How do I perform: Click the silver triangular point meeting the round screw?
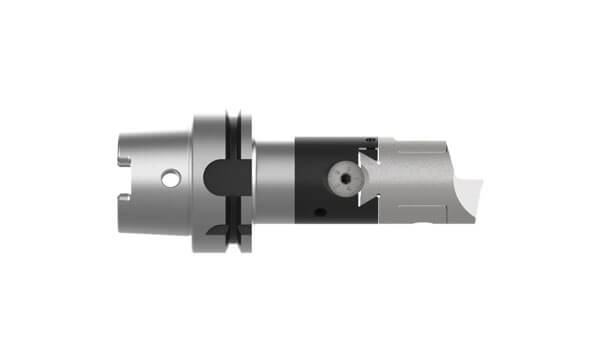tap(362, 180)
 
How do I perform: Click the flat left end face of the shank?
tap(119, 180)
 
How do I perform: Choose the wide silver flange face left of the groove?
tap(205, 140)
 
